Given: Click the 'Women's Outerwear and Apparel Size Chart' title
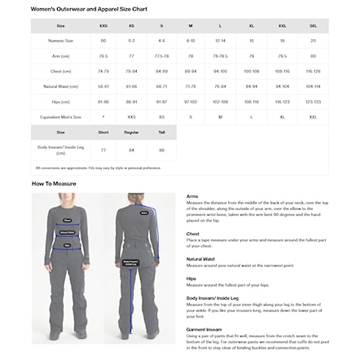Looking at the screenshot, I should coord(89,8).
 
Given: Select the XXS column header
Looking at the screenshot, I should coord(103,25).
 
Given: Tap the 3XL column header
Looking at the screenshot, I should coord(313,25).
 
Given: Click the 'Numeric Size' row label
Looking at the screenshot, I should coord(60,40).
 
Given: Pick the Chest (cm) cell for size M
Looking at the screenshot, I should coord(191,71).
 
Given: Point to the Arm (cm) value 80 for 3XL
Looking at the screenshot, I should coord(313,56).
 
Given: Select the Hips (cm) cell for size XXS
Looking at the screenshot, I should coord(103,102).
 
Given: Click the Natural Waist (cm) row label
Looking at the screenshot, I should coord(60,86).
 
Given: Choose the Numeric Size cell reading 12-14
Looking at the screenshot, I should coord(220,40).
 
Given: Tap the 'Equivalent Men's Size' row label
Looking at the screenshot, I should coord(60,117).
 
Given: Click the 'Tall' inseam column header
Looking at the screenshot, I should coord(161,132).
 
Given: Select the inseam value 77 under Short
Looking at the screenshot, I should coord(103,150).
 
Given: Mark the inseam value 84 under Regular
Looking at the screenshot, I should coord(132,150).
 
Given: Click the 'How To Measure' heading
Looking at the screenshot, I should coord(54,184).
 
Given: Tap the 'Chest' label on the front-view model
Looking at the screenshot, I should coord(68,221).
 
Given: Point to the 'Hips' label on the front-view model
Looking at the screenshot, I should coord(68,242).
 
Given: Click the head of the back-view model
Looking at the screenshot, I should coord(130,200).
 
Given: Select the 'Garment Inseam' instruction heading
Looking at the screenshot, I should coord(204,329).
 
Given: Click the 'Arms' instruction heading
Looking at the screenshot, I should coord(192,196).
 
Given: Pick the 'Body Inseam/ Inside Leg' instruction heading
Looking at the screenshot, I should coord(213,298).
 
